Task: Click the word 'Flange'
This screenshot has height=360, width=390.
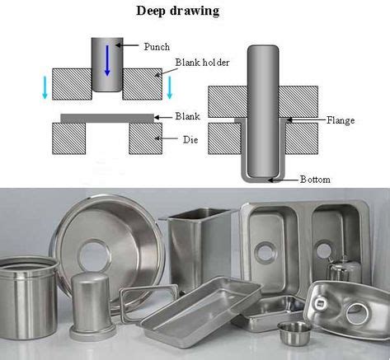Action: coord(340,120)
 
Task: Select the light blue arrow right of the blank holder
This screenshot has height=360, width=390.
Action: coord(171,86)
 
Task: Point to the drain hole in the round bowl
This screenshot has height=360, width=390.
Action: coord(95,252)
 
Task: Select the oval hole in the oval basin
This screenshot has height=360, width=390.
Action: coord(358,313)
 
